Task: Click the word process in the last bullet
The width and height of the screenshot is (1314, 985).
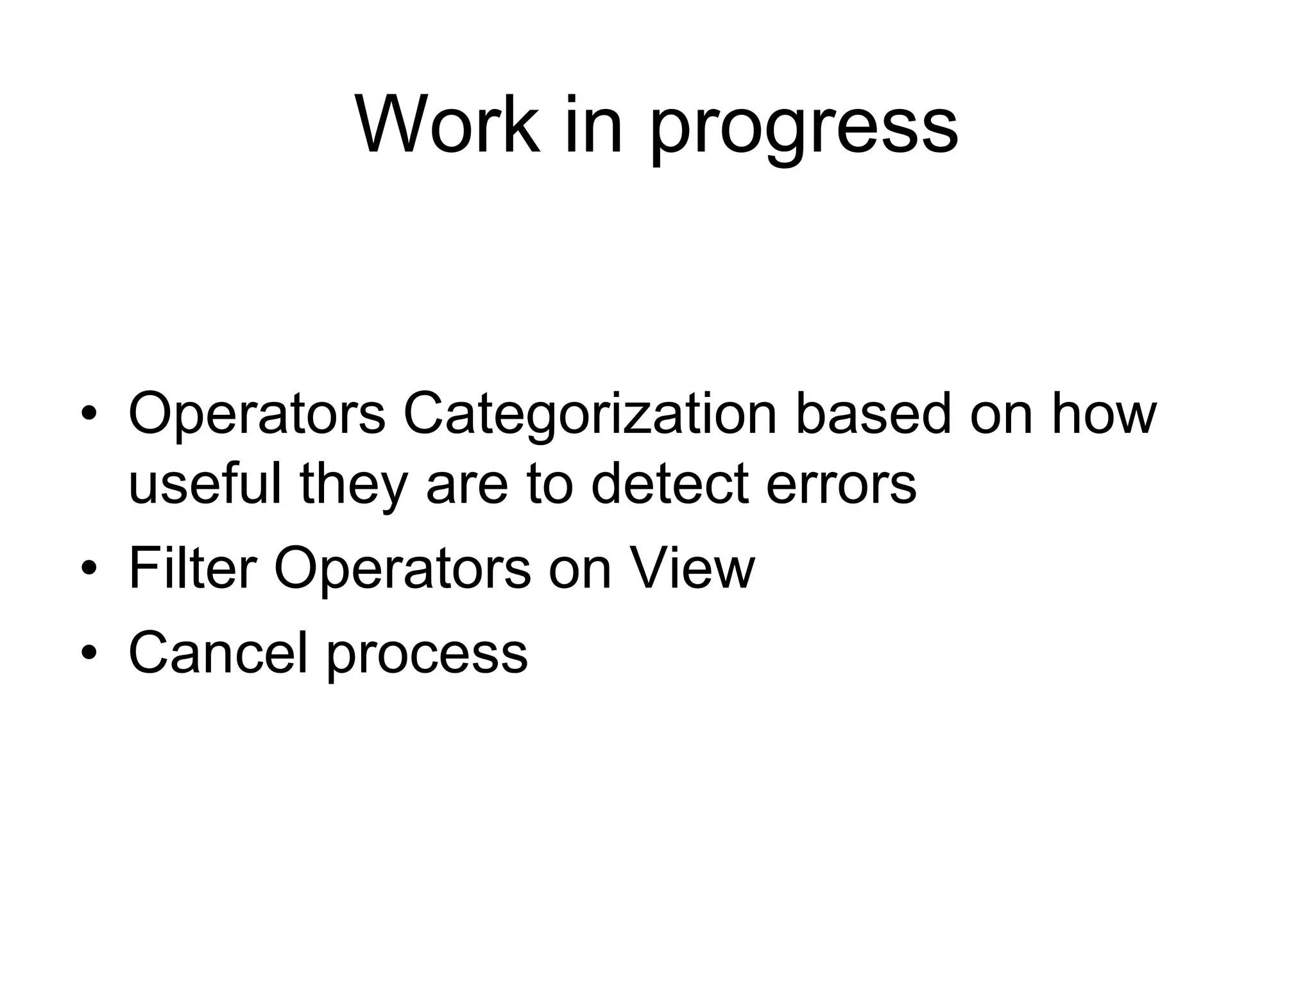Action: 427,655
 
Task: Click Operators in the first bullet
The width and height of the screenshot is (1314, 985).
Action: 257,415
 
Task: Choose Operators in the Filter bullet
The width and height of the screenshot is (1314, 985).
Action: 402,569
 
